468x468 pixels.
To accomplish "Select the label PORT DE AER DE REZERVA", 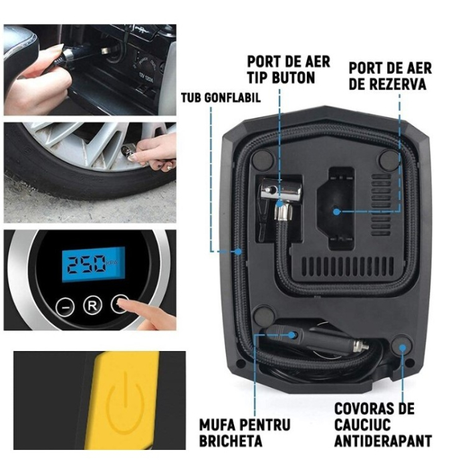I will (390, 76).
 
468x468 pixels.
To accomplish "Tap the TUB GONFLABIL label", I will (221, 98).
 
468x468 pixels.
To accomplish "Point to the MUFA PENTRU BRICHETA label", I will (245, 432).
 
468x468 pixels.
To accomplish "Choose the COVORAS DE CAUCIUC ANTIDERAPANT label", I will (383, 424).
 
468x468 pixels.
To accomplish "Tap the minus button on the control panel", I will (64, 306).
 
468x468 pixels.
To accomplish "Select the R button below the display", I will (92, 306).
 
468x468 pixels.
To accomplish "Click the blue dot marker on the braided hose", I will (239, 251).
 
